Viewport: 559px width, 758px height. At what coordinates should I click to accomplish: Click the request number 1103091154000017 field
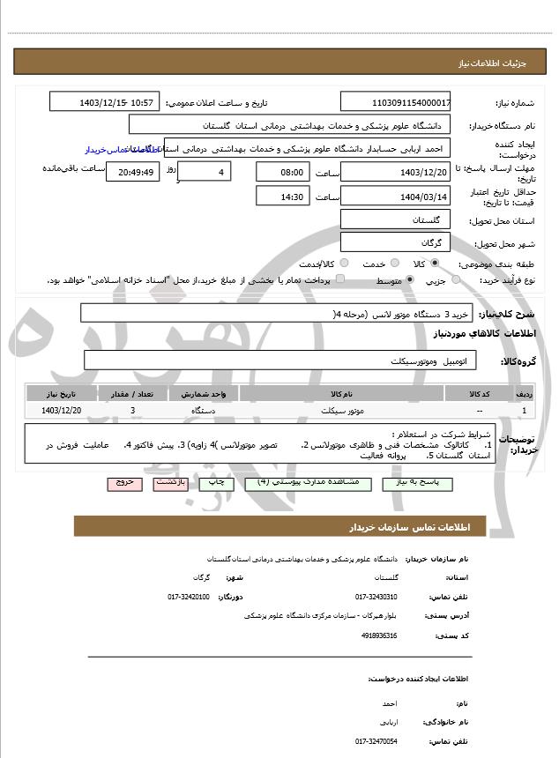(x=396, y=102)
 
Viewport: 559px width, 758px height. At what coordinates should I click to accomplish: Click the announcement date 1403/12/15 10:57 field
(x=105, y=102)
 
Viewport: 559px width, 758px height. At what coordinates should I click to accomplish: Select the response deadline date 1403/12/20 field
(x=396, y=172)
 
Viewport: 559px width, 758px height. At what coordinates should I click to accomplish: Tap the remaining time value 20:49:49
(x=132, y=172)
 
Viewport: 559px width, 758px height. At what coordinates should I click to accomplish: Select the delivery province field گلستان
(x=396, y=219)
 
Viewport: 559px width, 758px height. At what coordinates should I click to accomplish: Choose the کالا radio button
(x=435, y=264)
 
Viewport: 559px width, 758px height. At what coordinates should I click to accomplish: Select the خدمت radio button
(x=393, y=264)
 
